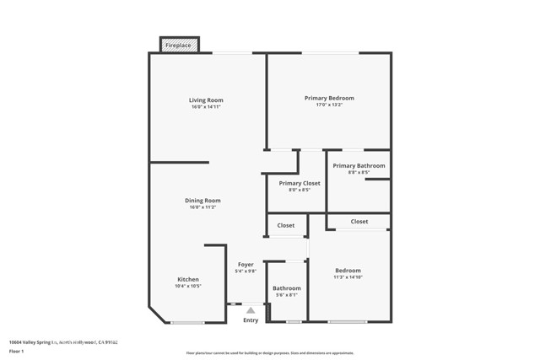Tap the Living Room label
(x=206, y=100)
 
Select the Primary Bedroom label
(x=329, y=98)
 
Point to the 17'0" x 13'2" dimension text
(x=329, y=105)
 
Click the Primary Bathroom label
(x=359, y=166)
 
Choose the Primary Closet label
(x=300, y=183)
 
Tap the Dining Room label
(x=202, y=200)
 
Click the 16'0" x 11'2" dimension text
(x=202, y=207)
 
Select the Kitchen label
(x=188, y=279)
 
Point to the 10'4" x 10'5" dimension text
(x=188, y=287)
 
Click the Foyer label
(x=246, y=264)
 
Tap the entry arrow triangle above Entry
(x=251, y=310)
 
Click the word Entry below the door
(x=251, y=320)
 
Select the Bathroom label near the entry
(x=287, y=288)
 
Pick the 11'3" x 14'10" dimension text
(x=348, y=277)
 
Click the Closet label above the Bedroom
(x=359, y=222)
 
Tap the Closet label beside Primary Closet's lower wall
(x=286, y=225)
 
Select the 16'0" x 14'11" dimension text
(x=206, y=108)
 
